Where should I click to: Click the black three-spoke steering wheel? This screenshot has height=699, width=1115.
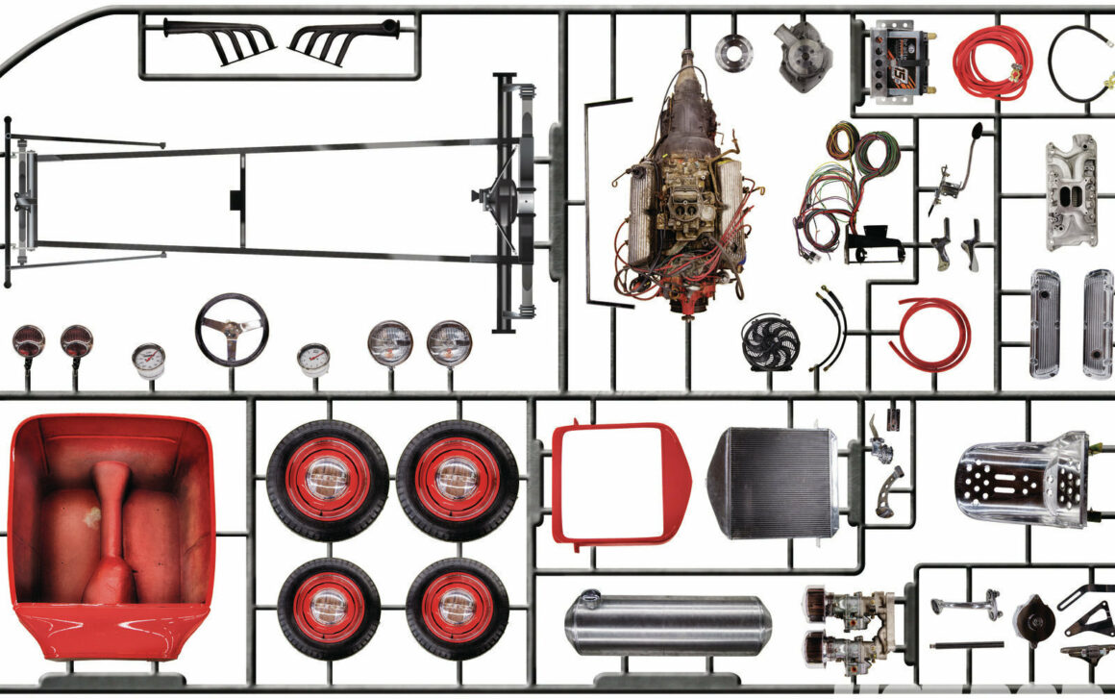coord(231,328)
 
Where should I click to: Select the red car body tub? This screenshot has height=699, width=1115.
coord(111,534)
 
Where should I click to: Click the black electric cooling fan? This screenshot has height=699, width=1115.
coord(770,342)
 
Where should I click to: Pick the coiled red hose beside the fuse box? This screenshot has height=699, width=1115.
coord(992,62)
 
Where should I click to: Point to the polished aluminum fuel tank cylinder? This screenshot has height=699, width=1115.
coord(667,625)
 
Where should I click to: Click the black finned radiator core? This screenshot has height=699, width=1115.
coord(775,482)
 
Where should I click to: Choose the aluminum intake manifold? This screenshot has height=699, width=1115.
coord(1071,192)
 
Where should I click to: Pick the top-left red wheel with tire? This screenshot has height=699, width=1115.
coord(328,479)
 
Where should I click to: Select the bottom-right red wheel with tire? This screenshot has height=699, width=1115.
coord(457,609)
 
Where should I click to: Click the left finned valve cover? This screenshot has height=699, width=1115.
coord(1045,322)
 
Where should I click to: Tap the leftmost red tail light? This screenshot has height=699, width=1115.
coord(28,341)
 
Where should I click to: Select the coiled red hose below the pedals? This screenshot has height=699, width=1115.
coord(929,333)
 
